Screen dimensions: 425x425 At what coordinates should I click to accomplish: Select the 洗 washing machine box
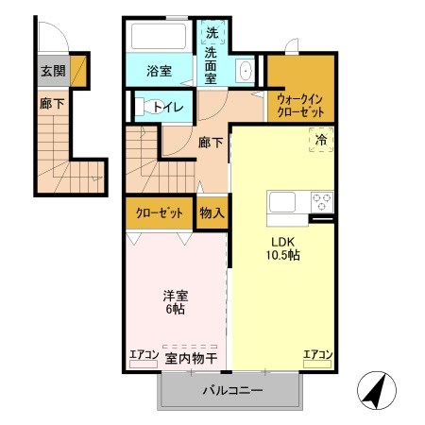[212, 33]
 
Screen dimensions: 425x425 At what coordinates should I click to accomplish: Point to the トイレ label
[168, 107]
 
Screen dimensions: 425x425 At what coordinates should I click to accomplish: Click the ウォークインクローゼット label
[301, 105]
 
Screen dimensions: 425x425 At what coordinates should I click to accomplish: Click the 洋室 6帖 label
[175, 302]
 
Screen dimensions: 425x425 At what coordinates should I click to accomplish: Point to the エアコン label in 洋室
[144, 355]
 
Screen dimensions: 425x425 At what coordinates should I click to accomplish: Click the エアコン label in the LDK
[317, 355]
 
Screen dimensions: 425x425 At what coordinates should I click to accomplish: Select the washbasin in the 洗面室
[244, 71]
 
